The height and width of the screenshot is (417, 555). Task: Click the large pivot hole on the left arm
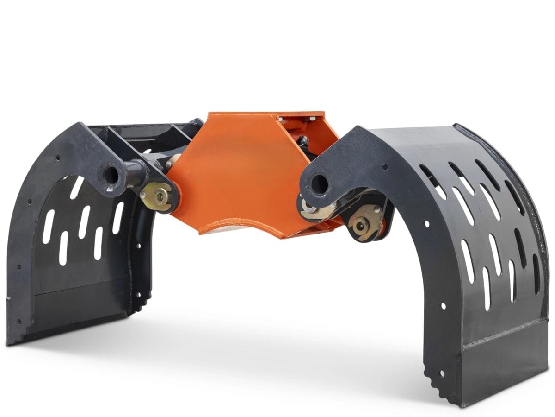(x=111, y=174)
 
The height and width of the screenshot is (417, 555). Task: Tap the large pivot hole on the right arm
(x=319, y=184)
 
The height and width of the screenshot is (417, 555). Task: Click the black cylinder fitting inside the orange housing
(x=303, y=141)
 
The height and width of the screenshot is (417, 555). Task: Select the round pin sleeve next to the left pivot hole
(x=135, y=173)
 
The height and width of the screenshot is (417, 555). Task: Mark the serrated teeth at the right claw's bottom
(x=437, y=380)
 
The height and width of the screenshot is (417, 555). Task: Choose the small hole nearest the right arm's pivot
(x=385, y=167)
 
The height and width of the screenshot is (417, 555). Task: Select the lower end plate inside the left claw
(x=79, y=308)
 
